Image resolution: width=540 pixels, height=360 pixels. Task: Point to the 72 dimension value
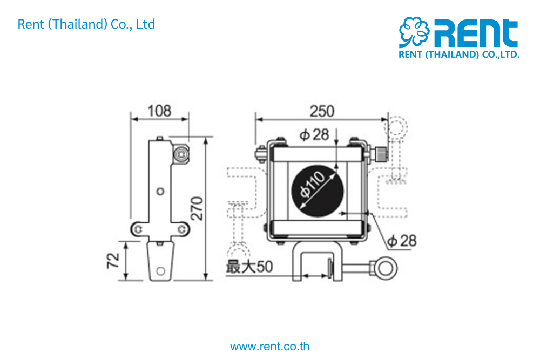pos(113,261)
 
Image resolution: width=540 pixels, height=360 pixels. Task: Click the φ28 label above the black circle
pos(314,134)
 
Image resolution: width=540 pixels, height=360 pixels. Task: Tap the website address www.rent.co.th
pos(270,347)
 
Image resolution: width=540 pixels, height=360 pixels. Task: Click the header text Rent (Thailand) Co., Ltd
pos(86,24)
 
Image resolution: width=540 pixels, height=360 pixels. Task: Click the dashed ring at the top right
pos(398,128)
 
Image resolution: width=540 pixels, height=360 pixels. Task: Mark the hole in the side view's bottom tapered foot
pos(160,270)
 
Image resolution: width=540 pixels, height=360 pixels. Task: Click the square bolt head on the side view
pos(181,155)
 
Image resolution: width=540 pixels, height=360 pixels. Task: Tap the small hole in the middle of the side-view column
pos(159,191)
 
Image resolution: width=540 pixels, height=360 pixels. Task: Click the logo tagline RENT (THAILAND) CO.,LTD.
pos(459,55)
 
